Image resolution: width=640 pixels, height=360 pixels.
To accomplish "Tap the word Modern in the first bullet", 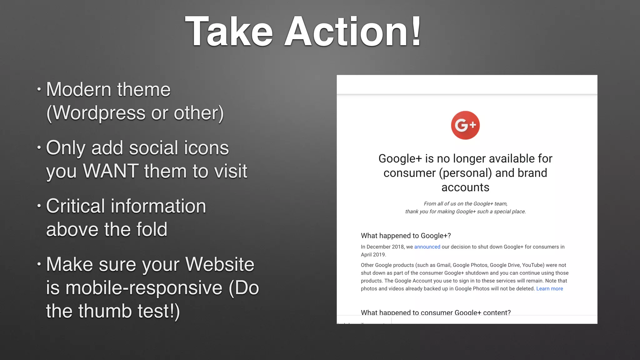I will [x=79, y=90].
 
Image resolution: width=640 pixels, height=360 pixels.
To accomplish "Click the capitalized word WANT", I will [x=111, y=171].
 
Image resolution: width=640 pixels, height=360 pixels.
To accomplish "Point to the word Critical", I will [x=75, y=206].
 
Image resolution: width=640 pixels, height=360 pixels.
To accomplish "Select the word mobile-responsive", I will [x=144, y=288].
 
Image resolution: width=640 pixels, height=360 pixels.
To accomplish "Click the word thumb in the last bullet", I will [x=105, y=311].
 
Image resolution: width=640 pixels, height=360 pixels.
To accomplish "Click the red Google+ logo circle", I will [x=465, y=125].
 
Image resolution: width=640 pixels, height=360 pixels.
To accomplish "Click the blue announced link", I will [x=427, y=247].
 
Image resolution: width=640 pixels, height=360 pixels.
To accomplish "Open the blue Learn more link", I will [x=549, y=289].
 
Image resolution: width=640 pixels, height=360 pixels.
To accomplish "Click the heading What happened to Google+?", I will [x=406, y=236].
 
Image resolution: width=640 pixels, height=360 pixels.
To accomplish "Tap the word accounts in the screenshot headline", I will [x=465, y=187].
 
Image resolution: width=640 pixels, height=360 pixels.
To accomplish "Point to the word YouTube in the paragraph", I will [x=533, y=265].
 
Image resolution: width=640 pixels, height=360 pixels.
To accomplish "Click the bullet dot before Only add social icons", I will [x=39, y=147].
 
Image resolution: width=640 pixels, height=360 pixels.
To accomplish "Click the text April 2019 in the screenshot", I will [x=373, y=255].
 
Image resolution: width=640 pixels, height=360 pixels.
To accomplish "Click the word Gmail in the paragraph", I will [x=443, y=265].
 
